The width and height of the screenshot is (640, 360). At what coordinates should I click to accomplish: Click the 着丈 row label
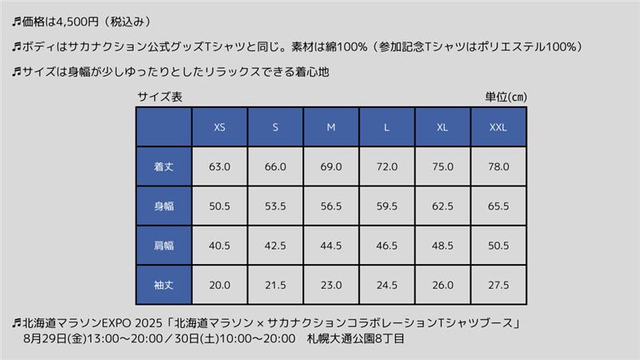(164, 167)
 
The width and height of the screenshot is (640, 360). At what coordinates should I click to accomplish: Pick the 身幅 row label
(164, 206)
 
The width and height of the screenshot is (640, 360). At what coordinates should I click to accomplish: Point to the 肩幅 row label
(164, 245)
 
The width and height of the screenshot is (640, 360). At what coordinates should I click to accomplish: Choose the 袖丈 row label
(164, 285)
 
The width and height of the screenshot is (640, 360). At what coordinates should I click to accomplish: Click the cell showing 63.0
(219, 167)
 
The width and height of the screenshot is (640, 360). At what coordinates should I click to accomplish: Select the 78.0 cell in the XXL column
(498, 167)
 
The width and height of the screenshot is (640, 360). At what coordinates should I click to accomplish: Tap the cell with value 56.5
(331, 206)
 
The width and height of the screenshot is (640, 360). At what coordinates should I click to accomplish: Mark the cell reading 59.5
(387, 206)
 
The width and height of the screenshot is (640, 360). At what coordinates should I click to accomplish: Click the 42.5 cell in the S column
(275, 245)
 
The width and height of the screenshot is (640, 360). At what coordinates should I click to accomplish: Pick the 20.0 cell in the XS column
(219, 285)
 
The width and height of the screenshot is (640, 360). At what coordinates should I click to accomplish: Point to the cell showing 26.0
(442, 285)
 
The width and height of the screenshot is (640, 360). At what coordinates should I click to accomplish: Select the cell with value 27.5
(498, 285)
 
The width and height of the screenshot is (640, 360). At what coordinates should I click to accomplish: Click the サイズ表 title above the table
(159, 97)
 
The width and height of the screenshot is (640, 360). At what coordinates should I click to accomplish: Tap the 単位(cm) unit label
(505, 97)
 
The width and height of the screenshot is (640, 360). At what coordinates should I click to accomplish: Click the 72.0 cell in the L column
(387, 167)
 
